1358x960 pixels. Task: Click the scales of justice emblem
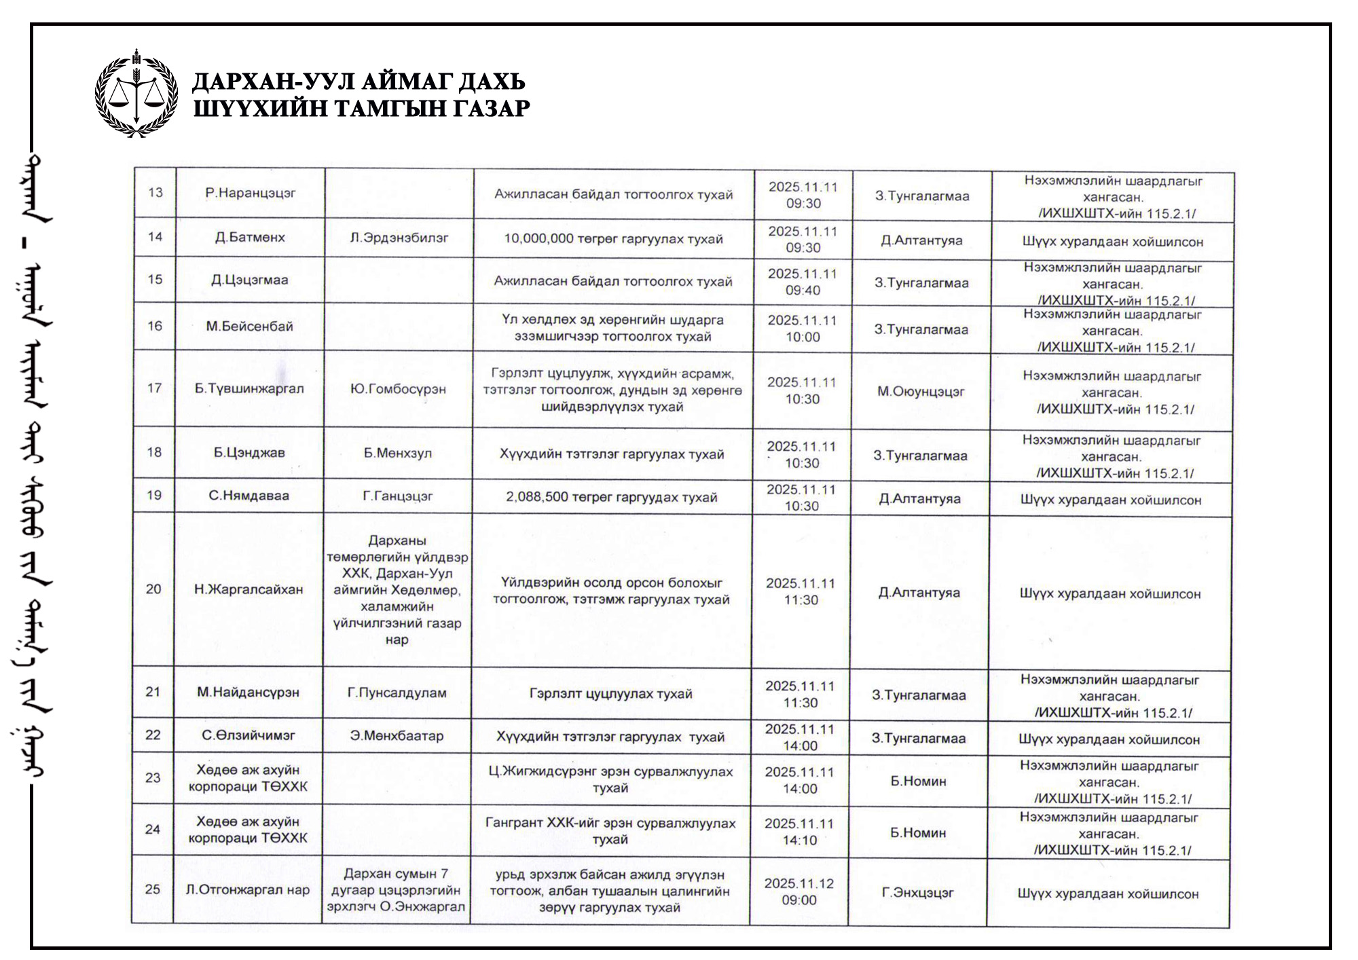(x=136, y=93)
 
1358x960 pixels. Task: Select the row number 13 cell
(x=155, y=192)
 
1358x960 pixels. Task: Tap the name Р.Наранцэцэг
(x=251, y=193)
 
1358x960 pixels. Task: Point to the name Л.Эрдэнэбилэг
(x=399, y=238)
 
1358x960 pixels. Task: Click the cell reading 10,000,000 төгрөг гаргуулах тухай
(x=613, y=239)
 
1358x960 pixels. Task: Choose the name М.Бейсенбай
(x=250, y=327)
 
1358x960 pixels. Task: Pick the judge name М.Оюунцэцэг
(x=921, y=391)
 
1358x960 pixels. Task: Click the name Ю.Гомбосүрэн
(x=399, y=389)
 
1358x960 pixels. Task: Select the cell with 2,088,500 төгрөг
(x=611, y=498)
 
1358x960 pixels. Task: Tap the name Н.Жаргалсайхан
(x=249, y=589)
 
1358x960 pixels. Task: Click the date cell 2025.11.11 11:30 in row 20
(x=801, y=591)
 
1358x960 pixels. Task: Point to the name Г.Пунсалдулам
(x=397, y=693)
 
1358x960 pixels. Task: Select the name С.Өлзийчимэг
(x=249, y=735)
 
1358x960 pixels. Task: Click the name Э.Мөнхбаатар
(x=397, y=736)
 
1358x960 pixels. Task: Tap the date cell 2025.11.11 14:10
(x=799, y=832)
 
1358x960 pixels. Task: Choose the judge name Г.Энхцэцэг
(x=918, y=893)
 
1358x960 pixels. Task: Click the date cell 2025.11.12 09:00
(x=799, y=891)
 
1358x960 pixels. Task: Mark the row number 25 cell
(x=153, y=889)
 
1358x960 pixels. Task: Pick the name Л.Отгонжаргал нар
(x=248, y=889)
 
